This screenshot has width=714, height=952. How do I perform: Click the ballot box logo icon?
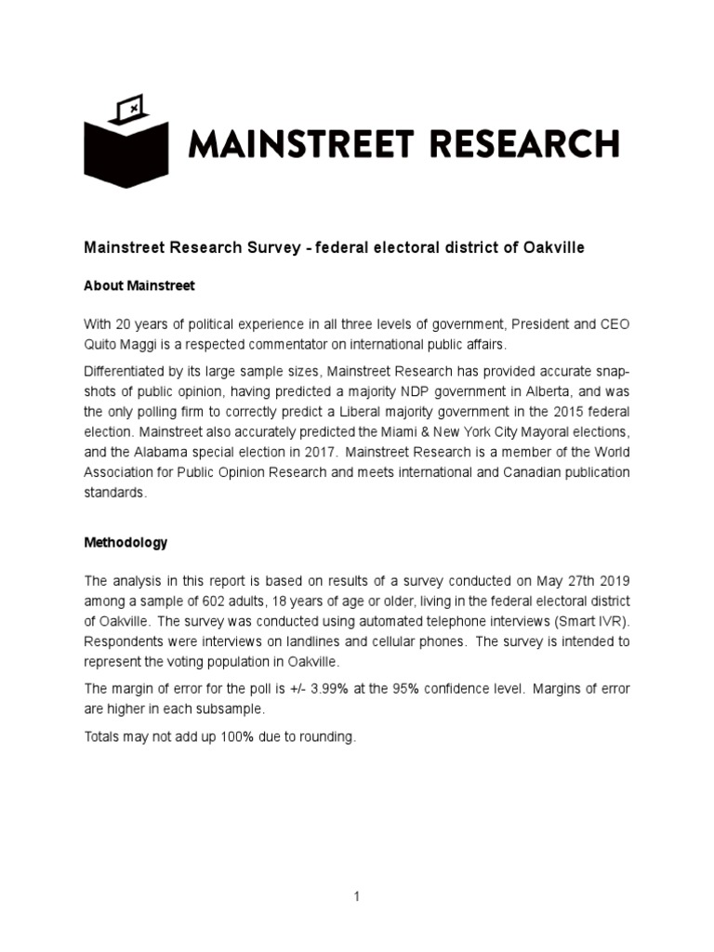[126, 141]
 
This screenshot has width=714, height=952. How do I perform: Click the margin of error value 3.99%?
[339, 688]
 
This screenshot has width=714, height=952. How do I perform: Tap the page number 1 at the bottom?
[357, 897]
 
